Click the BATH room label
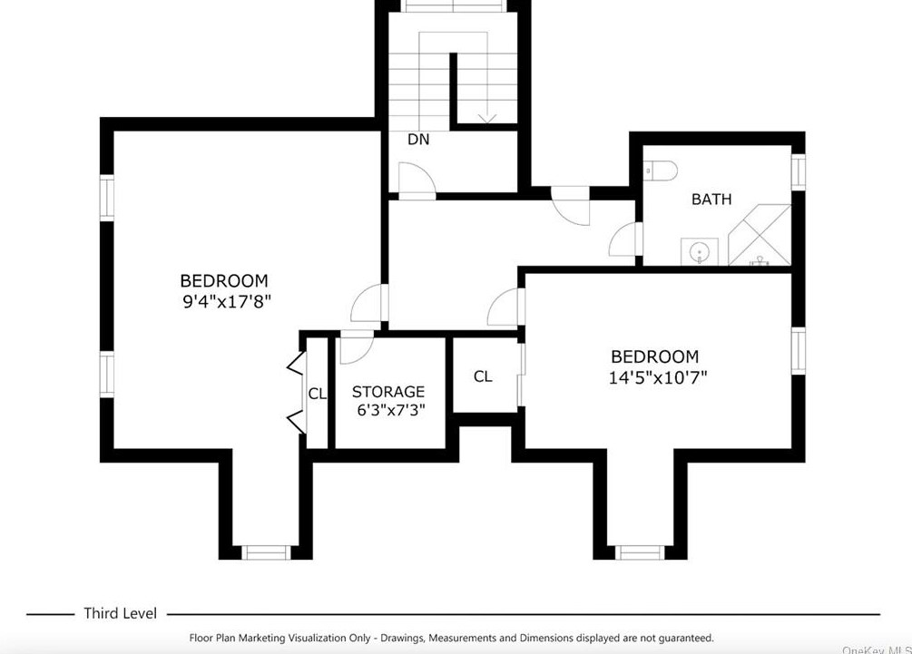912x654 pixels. (711, 200)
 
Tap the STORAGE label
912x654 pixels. (388, 392)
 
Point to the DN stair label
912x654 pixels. (418, 140)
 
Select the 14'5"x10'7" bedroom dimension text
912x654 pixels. (658, 378)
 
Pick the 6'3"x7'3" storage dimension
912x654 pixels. (391, 410)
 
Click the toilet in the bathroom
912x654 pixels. (661, 171)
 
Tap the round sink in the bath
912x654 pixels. (699, 252)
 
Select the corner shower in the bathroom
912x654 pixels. (760, 235)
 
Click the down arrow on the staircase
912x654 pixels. (486, 119)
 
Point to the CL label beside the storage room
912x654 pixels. (317, 395)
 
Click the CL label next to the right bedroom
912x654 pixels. (483, 376)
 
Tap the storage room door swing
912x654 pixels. (356, 347)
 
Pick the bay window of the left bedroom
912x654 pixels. (265, 552)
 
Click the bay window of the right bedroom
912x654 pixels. (640, 552)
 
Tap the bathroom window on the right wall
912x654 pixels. (799, 171)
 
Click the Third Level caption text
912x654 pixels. (121, 613)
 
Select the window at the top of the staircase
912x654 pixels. (453, 6)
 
